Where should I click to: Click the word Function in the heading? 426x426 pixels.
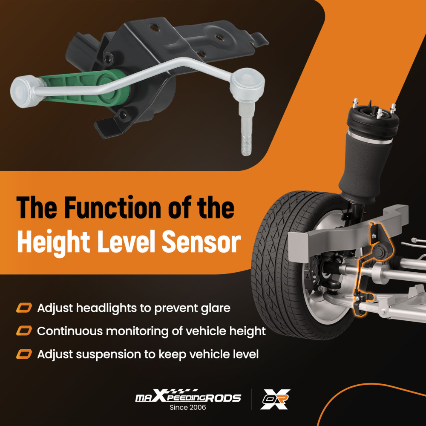point(113,207)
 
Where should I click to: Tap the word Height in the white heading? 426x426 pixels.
point(53,242)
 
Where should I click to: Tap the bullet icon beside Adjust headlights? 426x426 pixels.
point(24,308)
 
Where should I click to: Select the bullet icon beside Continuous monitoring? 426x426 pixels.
point(24,331)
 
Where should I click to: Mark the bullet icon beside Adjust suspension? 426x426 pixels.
point(24,354)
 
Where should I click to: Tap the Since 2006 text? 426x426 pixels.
point(188,407)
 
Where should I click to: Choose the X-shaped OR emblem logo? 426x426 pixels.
point(275,399)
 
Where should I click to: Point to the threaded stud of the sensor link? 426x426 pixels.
point(246,145)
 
